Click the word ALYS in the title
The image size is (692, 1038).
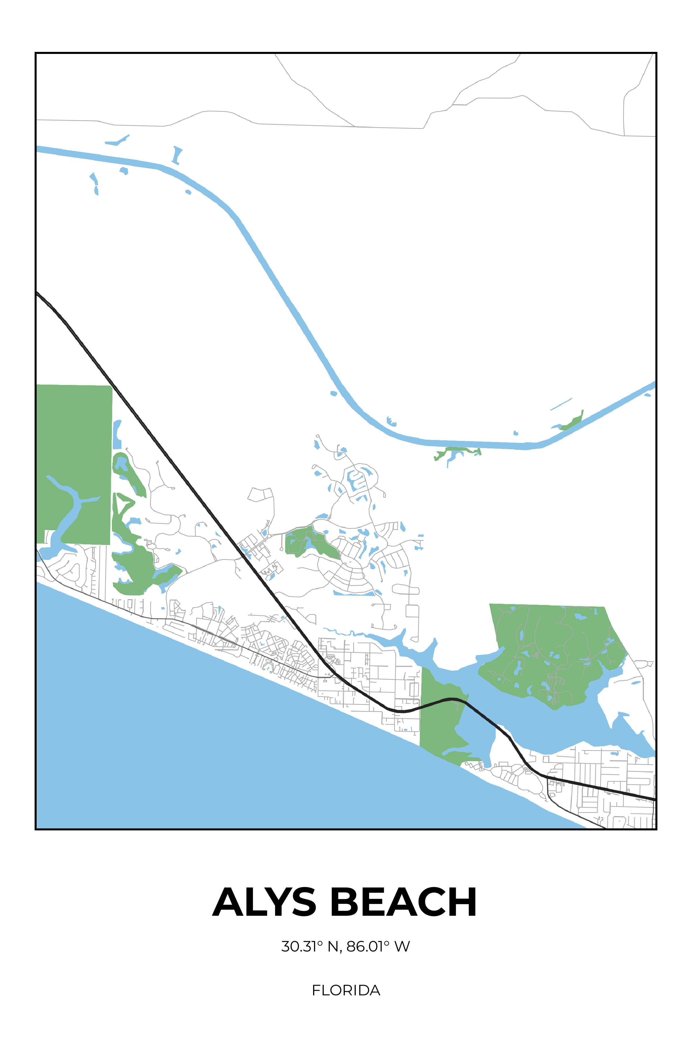tap(264, 902)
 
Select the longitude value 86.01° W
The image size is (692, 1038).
tap(378, 946)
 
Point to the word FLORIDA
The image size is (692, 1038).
tap(346, 990)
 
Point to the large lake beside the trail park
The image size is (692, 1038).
tap(552, 724)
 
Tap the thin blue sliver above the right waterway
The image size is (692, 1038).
tap(561, 404)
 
